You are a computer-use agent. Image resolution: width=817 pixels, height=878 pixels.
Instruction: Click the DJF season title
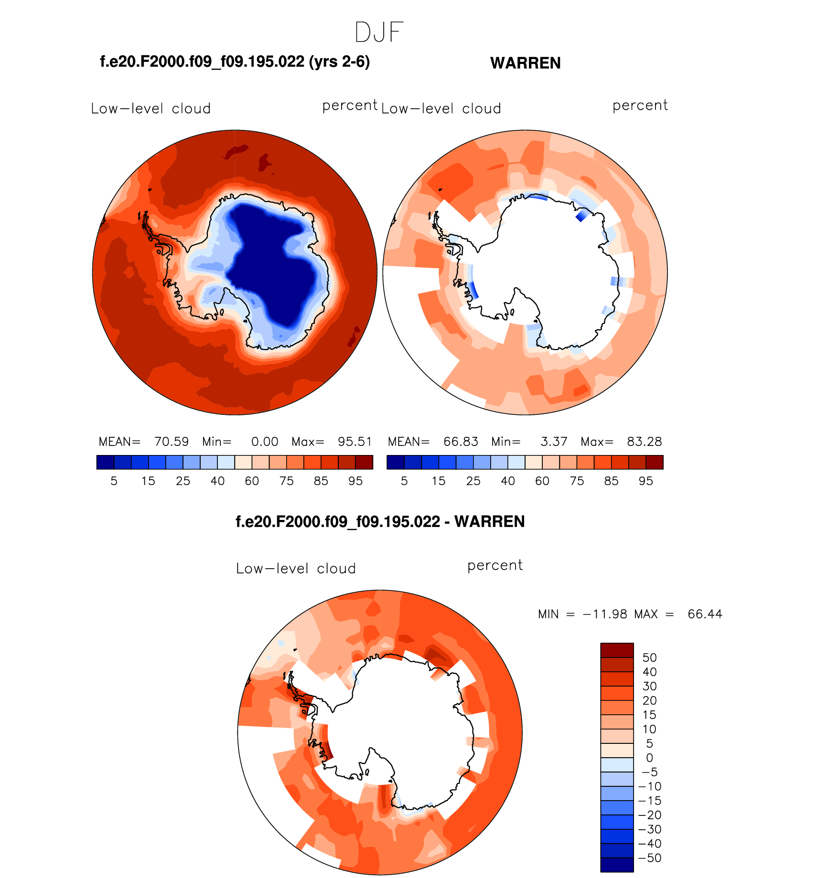click(379, 32)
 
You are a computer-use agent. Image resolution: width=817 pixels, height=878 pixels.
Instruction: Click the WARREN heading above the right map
click(525, 63)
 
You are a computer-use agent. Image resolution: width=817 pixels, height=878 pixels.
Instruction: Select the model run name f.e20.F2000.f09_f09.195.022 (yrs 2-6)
click(235, 62)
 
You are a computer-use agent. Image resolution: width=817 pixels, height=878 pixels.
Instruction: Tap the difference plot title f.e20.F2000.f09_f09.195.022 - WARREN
click(380, 521)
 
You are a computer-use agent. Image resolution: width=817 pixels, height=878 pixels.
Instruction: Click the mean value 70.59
click(172, 442)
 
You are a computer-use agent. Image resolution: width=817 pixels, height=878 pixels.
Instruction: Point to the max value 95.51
click(355, 442)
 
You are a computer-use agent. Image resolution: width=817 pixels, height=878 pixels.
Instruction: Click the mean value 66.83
click(461, 442)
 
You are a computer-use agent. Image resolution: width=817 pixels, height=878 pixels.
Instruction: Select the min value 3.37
click(554, 442)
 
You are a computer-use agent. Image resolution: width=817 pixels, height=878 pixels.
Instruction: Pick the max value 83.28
click(644, 442)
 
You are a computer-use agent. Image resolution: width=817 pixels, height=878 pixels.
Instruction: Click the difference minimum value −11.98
click(605, 614)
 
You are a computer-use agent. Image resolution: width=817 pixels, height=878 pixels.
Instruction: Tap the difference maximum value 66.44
click(705, 614)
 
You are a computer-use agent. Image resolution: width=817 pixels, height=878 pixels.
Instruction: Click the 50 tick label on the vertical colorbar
click(649, 657)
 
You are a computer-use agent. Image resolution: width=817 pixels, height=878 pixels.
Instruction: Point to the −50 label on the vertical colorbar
click(650, 858)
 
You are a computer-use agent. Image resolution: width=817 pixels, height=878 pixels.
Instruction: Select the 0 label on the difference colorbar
click(649, 758)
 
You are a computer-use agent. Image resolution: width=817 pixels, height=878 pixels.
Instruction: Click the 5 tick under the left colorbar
click(114, 481)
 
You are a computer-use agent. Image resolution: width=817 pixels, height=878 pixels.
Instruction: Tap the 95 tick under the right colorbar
click(645, 481)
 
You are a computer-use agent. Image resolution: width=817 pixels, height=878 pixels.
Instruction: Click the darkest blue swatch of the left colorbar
click(105, 462)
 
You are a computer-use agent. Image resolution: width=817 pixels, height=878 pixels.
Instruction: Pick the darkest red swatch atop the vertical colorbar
click(617, 650)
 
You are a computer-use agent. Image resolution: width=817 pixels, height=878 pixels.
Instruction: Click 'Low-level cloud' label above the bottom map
click(296, 569)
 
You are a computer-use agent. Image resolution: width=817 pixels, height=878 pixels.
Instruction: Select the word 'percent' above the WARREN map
click(640, 106)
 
